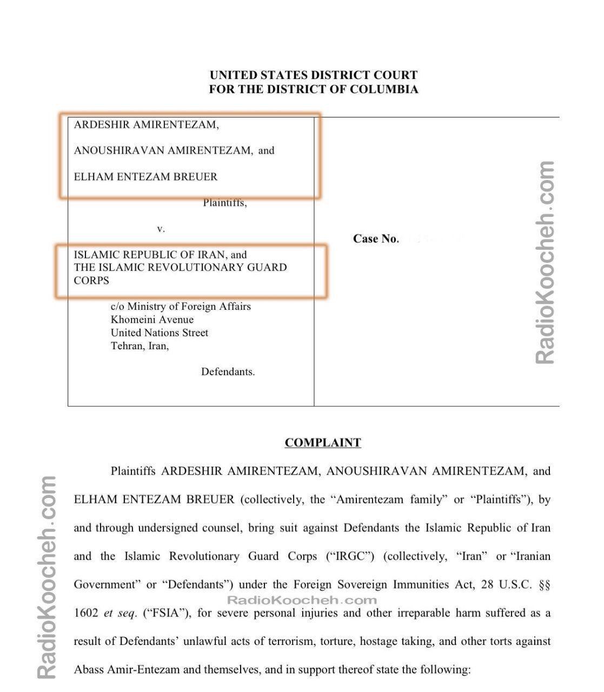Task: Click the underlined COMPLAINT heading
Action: (323, 443)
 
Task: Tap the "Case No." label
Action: (375, 239)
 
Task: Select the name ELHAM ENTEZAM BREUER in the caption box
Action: (145, 177)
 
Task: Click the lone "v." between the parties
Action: (161, 229)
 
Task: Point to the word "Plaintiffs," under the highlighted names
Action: (225, 203)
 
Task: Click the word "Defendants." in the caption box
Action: (228, 372)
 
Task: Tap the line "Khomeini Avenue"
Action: (152, 320)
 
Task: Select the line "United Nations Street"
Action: (159, 332)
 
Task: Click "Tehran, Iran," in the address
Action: (140, 346)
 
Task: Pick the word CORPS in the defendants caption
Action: (91, 281)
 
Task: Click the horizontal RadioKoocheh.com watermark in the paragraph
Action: (301, 600)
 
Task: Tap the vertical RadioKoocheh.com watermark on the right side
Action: (545, 263)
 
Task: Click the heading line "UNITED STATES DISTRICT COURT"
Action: (314, 76)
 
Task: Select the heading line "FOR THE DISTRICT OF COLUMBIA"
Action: (314, 89)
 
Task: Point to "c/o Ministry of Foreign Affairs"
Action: (181, 307)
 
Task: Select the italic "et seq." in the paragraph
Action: (121, 613)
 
